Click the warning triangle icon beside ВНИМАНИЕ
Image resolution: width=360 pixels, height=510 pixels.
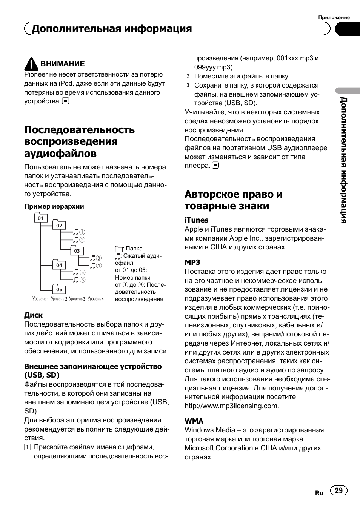[x=31, y=64]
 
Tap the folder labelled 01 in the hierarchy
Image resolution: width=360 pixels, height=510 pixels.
[x=41, y=218]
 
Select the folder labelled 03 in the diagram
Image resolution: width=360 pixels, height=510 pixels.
[x=77, y=250]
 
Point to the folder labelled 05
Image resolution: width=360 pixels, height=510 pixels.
[x=59, y=289]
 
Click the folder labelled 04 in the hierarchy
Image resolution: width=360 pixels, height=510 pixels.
[x=59, y=265]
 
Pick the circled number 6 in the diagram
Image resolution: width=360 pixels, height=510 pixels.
[x=83, y=280]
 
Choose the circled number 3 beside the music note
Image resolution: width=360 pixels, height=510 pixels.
[x=99, y=258]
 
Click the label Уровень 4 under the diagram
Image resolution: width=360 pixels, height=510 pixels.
[x=95, y=299]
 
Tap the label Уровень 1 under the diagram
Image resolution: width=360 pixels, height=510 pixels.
[x=41, y=299]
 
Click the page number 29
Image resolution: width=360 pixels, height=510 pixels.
[x=338, y=490]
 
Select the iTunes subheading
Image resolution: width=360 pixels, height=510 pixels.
[x=196, y=220]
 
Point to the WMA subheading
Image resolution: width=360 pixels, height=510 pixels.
[x=194, y=421]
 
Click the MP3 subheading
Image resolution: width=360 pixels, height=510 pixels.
[x=192, y=262]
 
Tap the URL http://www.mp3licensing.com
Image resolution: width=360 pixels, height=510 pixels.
[x=231, y=406]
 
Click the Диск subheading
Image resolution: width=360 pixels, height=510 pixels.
[x=34, y=315]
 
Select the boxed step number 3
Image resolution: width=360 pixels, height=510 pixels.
[x=188, y=85]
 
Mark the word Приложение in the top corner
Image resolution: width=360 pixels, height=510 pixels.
[x=334, y=17]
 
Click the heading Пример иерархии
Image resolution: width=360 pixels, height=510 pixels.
[x=54, y=206]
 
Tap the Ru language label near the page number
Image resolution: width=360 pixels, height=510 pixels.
[x=319, y=493]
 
